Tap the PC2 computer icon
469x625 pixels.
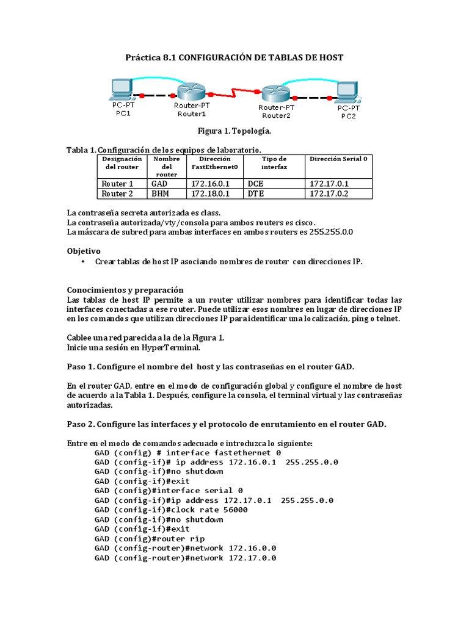pos(347,92)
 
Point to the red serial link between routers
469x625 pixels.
pos(233,94)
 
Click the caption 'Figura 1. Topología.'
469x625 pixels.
pos(234,131)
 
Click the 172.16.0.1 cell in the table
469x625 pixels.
pos(210,184)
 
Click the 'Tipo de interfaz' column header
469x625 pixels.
pos(274,163)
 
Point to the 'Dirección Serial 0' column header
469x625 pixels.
pos(339,159)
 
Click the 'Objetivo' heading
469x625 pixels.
pos(84,251)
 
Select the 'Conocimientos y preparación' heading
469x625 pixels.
pos(125,289)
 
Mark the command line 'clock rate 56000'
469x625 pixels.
pos(171,510)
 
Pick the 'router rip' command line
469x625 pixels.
pos(150,539)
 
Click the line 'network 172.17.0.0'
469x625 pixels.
pos(185,558)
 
